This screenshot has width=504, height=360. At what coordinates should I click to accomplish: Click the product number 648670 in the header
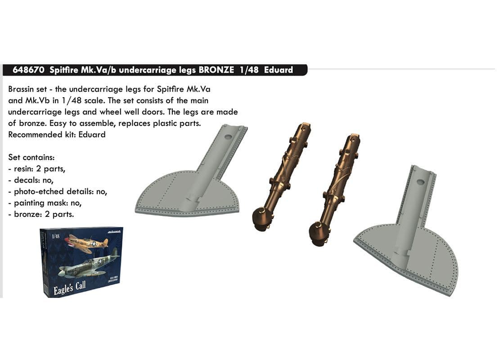(28, 70)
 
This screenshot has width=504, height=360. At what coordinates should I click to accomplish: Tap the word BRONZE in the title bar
(216, 70)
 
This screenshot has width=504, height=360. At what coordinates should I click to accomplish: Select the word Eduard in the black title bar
(279, 70)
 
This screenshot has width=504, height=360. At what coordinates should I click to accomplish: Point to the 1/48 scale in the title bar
(249, 70)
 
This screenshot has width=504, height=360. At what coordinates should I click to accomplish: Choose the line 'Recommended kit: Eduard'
(57, 135)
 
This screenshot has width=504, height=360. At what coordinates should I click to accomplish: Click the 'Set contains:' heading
(31, 157)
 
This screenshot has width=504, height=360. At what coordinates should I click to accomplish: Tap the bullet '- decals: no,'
(31, 180)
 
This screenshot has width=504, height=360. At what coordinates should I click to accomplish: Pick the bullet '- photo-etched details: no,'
(58, 192)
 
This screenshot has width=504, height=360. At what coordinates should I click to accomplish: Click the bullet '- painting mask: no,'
(45, 203)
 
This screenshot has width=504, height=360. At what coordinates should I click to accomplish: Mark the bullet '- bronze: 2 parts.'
(41, 214)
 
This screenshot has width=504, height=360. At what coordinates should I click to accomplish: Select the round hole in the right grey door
(420, 182)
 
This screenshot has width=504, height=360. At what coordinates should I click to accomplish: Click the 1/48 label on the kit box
(56, 236)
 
